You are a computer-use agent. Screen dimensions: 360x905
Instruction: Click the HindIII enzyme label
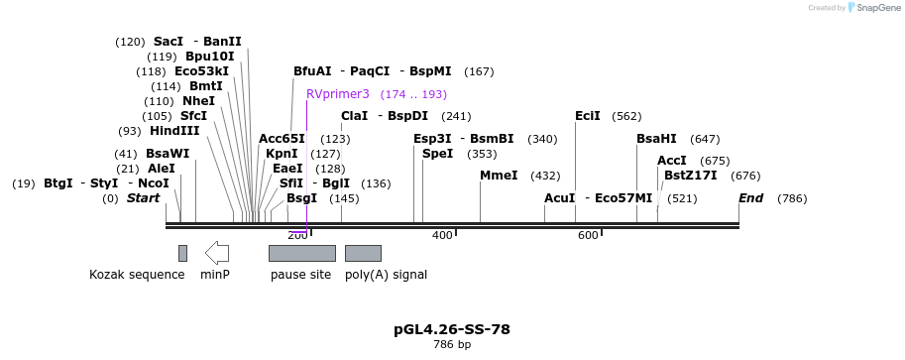[174, 131]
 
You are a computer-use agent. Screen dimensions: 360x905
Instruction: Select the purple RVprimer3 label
[337, 94]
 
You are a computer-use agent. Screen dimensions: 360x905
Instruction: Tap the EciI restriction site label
[588, 116]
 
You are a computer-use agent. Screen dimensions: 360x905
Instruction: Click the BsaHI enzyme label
[656, 139]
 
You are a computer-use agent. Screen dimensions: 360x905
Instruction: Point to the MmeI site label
[499, 176]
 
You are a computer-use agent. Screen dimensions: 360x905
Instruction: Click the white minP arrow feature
[217, 253]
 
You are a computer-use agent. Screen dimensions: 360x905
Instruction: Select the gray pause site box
[301, 253]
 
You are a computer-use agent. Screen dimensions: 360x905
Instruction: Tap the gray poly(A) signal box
[363, 253]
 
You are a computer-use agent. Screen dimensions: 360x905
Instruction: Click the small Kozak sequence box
[182, 253]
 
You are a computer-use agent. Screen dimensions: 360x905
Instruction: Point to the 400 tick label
[442, 235]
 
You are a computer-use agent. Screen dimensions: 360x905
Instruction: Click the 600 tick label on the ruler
[588, 235]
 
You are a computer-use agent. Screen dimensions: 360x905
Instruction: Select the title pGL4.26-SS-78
[452, 329]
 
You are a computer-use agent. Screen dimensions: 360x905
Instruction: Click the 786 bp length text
[452, 345]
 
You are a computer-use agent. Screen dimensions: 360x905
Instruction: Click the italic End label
[750, 198]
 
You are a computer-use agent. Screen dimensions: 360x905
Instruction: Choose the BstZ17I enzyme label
[684, 176]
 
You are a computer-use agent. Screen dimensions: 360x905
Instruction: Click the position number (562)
[626, 116]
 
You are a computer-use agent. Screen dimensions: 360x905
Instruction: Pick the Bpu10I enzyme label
[210, 57]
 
